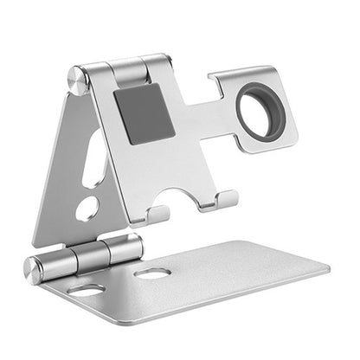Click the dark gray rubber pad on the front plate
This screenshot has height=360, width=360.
pyautogui.click(x=144, y=113)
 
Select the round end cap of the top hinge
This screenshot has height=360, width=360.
pyautogui.click(x=79, y=80)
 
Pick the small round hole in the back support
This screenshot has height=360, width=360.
pyautogui.click(x=87, y=209)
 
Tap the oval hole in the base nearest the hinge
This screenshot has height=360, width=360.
pyautogui.click(x=87, y=291)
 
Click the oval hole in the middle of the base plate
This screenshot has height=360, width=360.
pyautogui.click(x=152, y=273)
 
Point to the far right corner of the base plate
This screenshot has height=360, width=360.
pyautogui.click(x=328, y=268)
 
